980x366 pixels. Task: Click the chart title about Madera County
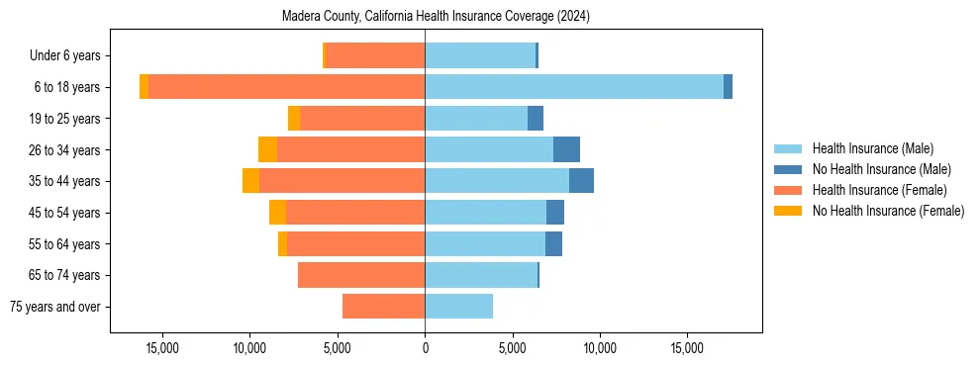436,16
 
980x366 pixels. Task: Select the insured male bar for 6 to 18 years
574,87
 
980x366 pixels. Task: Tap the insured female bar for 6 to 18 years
287,87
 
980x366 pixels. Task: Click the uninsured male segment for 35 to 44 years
581,181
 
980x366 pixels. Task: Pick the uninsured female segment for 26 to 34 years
267,149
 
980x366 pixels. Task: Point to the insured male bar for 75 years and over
458,307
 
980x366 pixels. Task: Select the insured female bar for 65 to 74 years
361,275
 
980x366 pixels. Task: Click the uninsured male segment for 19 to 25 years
536,119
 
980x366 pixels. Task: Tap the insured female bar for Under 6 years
375,55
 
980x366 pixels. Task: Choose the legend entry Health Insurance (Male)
872,148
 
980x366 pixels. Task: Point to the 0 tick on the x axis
425,348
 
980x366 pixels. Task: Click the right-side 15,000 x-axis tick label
687,348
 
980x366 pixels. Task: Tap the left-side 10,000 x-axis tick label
249,348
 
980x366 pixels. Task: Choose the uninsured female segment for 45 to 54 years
277,213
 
